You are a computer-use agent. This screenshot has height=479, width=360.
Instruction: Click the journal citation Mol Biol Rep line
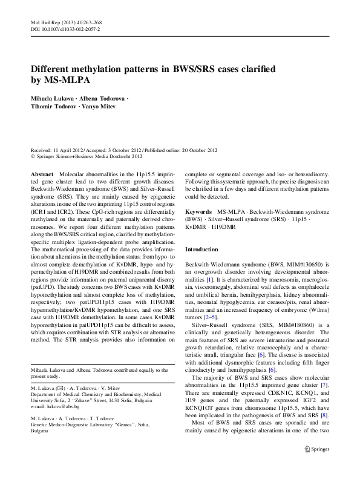coord(64,22)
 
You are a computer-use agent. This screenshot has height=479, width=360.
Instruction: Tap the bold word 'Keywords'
coord(198,212)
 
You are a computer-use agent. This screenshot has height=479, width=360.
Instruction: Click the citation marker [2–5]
coord(209,317)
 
